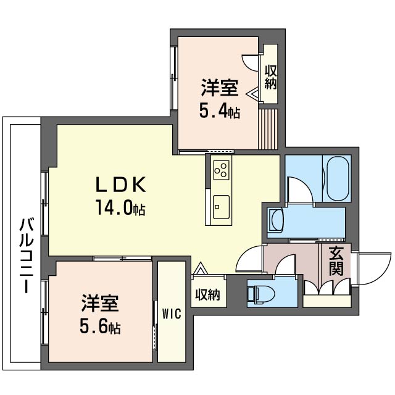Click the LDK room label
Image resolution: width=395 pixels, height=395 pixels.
click(121, 185)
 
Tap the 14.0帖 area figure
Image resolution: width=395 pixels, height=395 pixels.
click(120, 207)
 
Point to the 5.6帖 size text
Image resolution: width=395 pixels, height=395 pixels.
click(100, 326)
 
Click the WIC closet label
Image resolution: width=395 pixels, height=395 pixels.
click(172, 314)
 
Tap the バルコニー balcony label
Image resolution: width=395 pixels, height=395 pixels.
click(26, 256)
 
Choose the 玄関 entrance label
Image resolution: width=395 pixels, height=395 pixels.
click(336, 261)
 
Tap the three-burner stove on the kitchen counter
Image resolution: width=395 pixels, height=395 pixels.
click(221, 170)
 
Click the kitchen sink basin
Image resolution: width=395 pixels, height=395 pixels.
click(221, 207)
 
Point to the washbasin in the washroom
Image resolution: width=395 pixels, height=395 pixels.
click(276, 219)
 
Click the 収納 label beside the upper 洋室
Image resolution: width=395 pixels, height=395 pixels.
click(270, 77)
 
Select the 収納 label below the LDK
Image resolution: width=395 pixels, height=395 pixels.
click(208, 294)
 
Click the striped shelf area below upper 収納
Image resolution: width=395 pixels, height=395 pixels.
click(268, 129)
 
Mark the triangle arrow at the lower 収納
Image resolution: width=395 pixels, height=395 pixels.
click(200, 268)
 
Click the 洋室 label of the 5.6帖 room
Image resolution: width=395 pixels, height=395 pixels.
click(100, 303)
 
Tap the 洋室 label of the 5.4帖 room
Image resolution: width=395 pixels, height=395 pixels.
click(220, 88)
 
